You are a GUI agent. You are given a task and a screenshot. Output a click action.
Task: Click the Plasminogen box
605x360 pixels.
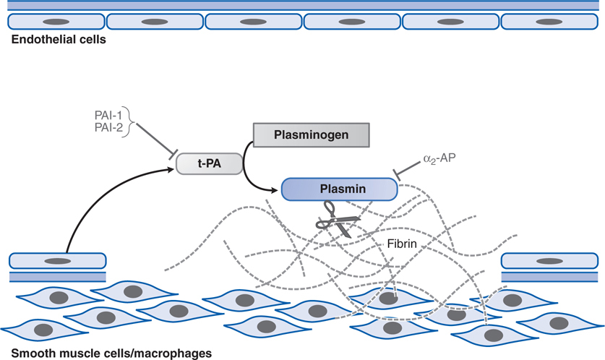(311, 134)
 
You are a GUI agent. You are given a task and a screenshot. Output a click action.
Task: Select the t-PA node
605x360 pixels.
(209, 164)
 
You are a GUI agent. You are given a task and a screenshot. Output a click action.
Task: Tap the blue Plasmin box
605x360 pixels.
(339, 189)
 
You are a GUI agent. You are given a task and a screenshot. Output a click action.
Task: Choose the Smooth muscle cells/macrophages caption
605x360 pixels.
(107, 353)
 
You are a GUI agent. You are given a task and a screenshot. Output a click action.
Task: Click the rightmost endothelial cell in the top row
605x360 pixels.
(549, 22)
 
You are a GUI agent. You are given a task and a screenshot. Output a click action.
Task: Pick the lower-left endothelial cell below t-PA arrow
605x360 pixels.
(57, 260)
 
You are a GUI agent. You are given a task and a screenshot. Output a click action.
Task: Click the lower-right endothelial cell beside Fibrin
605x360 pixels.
(550, 260)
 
